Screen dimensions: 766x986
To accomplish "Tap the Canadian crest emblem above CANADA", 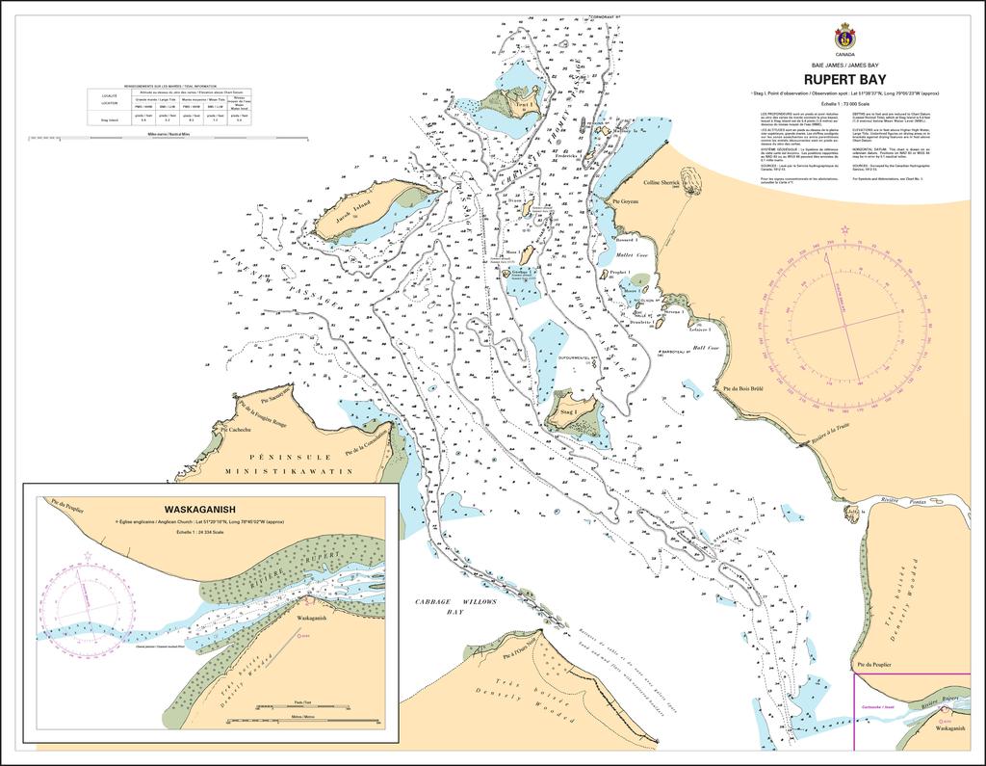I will [x=844, y=37].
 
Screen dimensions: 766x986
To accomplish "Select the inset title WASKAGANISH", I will [x=201, y=510].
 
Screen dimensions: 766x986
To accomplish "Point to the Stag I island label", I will [x=568, y=413].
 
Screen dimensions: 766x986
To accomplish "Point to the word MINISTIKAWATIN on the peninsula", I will [x=289, y=472].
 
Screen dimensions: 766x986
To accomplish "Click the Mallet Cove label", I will [x=631, y=256].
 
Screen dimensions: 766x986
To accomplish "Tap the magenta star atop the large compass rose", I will [x=844, y=229].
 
